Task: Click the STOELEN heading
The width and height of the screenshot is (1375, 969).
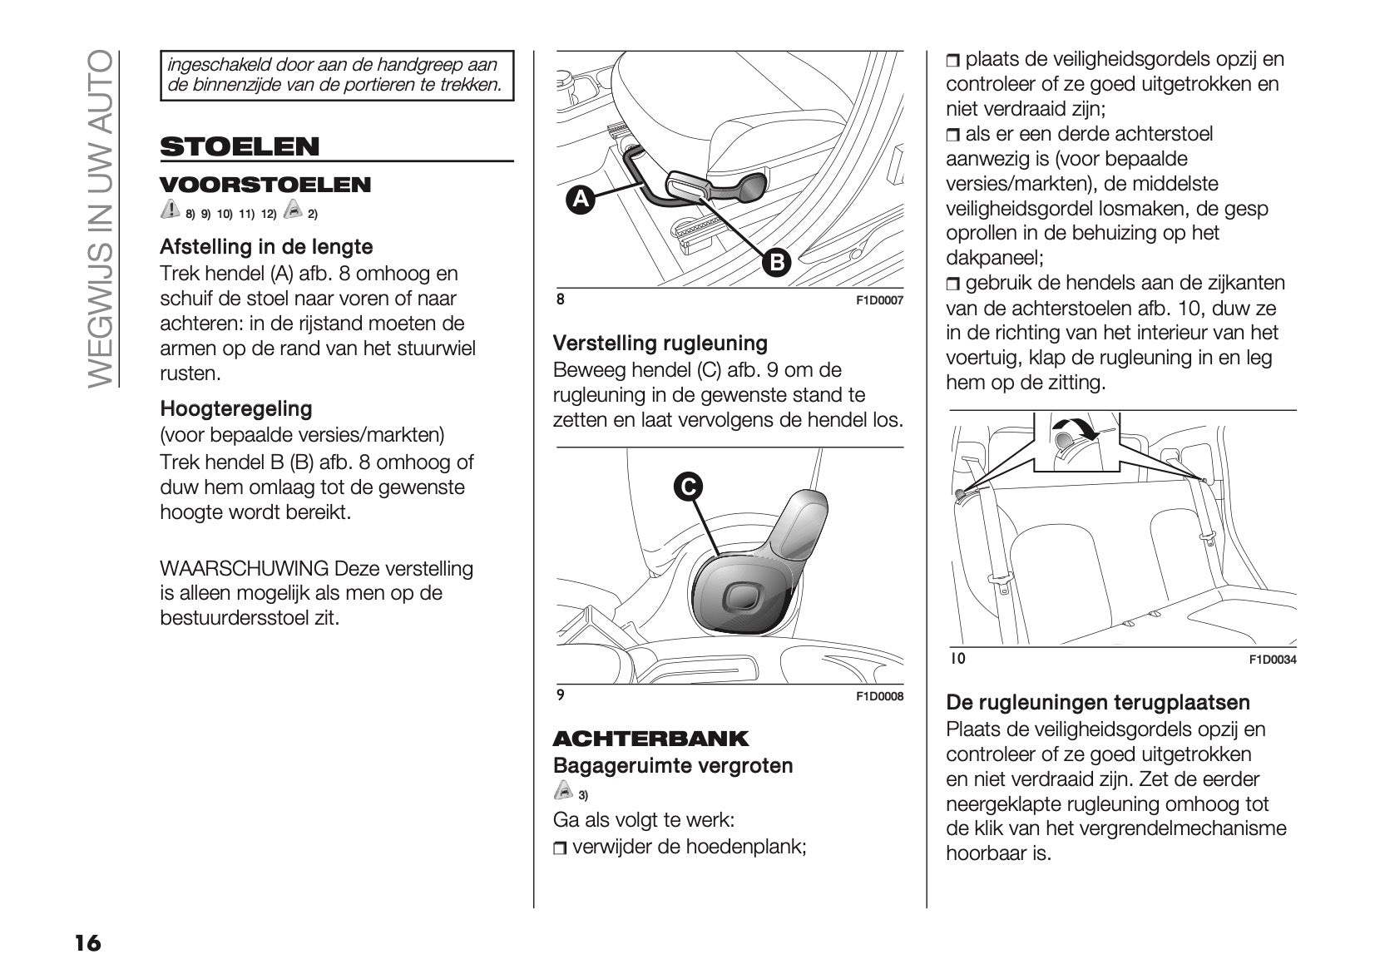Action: click(x=240, y=147)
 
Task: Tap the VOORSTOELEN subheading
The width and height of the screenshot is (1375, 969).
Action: click(x=265, y=185)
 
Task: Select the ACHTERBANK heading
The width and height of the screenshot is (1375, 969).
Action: click(x=650, y=739)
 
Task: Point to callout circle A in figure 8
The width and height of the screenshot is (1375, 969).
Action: click(x=581, y=200)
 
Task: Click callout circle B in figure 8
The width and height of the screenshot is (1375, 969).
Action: click(x=776, y=263)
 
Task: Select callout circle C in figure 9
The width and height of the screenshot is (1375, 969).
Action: click(x=689, y=487)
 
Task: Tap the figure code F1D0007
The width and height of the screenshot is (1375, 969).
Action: click(x=879, y=301)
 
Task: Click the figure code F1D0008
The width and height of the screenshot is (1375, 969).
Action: click(x=879, y=697)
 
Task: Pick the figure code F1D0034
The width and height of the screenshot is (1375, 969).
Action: click(x=1273, y=660)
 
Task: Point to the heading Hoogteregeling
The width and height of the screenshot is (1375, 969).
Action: click(x=236, y=409)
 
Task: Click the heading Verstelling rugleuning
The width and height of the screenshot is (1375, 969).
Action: click(x=660, y=344)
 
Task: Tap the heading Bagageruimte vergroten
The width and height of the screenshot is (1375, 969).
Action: click(x=673, y=766)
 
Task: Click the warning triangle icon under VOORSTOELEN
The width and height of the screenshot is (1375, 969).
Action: click(x=170, y=210)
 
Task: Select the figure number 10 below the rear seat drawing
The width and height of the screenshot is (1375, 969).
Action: click(x=957, y=659)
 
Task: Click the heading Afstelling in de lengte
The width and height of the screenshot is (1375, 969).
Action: click(x=266, y=247)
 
